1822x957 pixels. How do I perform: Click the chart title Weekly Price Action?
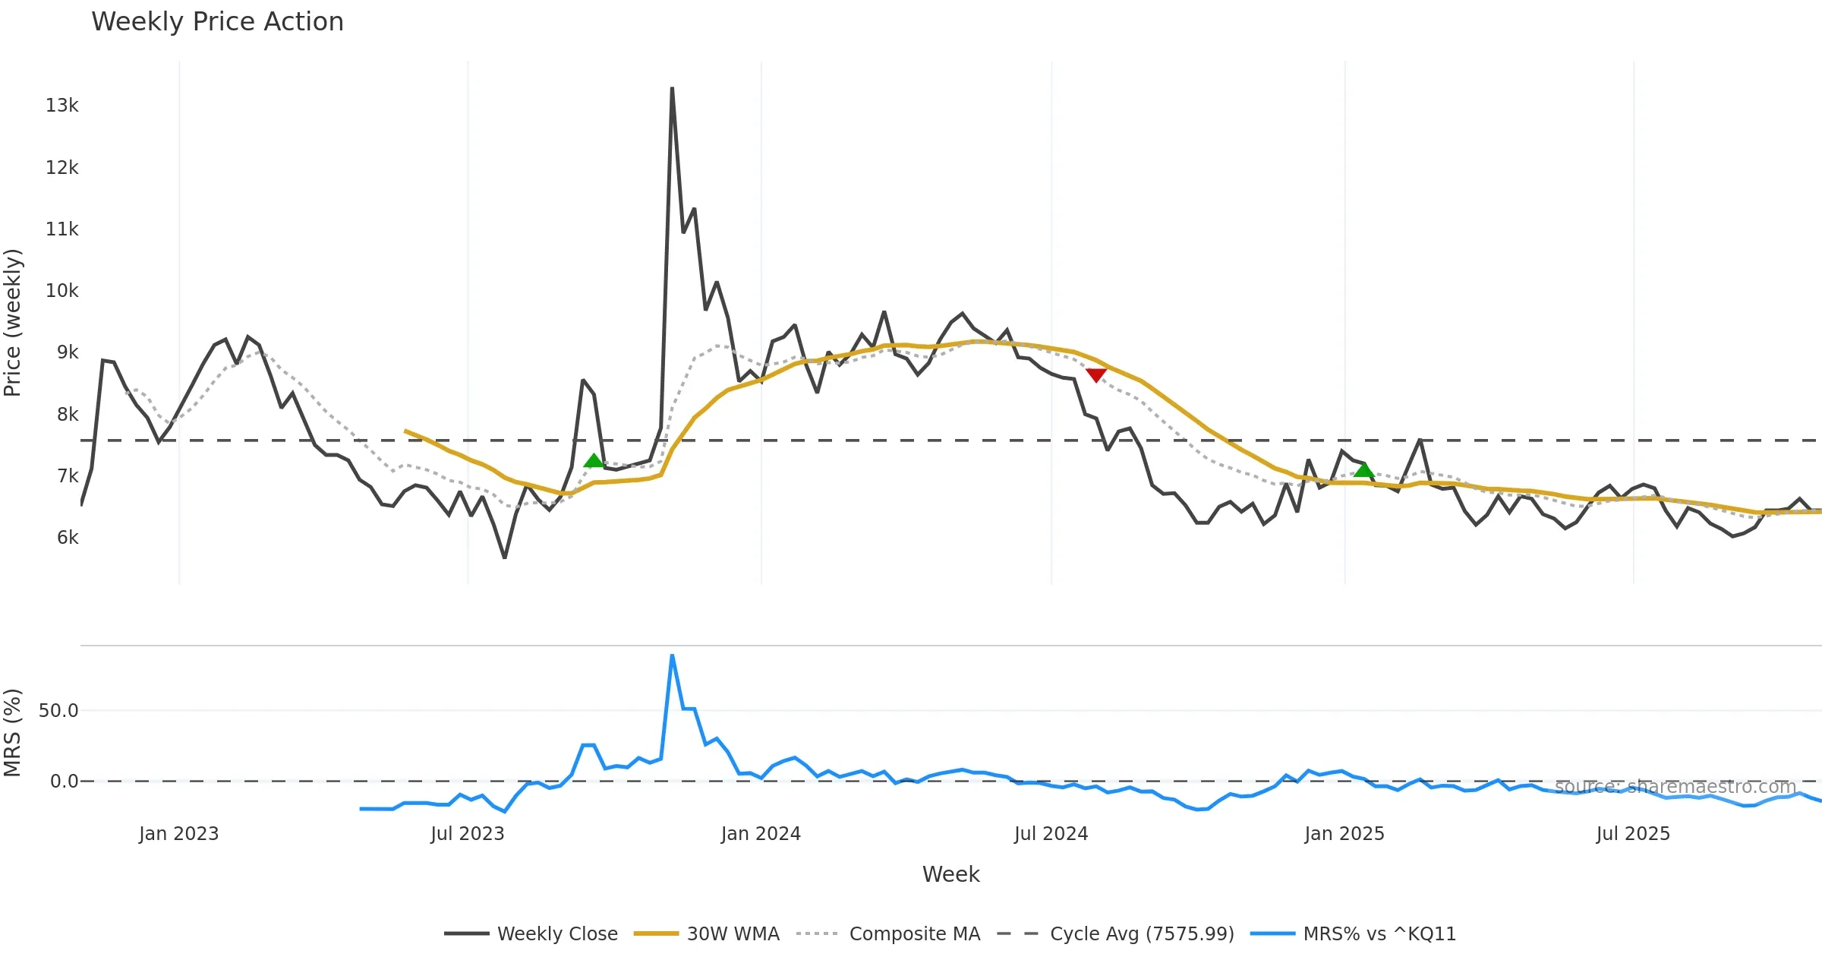click(217, 22)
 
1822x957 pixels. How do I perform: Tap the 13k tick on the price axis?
click(61, 106)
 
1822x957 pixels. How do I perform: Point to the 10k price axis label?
click(61, 291)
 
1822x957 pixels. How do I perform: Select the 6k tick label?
click(67, 538)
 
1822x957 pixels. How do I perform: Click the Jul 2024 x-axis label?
click(1051, 834)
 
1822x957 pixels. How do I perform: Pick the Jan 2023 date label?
click(178, 834)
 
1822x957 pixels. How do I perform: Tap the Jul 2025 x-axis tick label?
click(1633, 834)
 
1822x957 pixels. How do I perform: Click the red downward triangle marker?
click(1095, 375)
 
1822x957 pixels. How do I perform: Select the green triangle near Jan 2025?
click(1363, 470)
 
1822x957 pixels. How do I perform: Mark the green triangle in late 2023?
click(594, 461)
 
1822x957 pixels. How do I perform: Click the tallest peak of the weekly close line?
click(672, 90)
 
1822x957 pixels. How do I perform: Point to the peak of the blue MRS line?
click(672, 655)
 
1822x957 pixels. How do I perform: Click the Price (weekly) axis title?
click(13, 323)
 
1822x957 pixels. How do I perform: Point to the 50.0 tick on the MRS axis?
click(58, 711)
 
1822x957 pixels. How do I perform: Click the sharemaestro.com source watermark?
click(1675, 787)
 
